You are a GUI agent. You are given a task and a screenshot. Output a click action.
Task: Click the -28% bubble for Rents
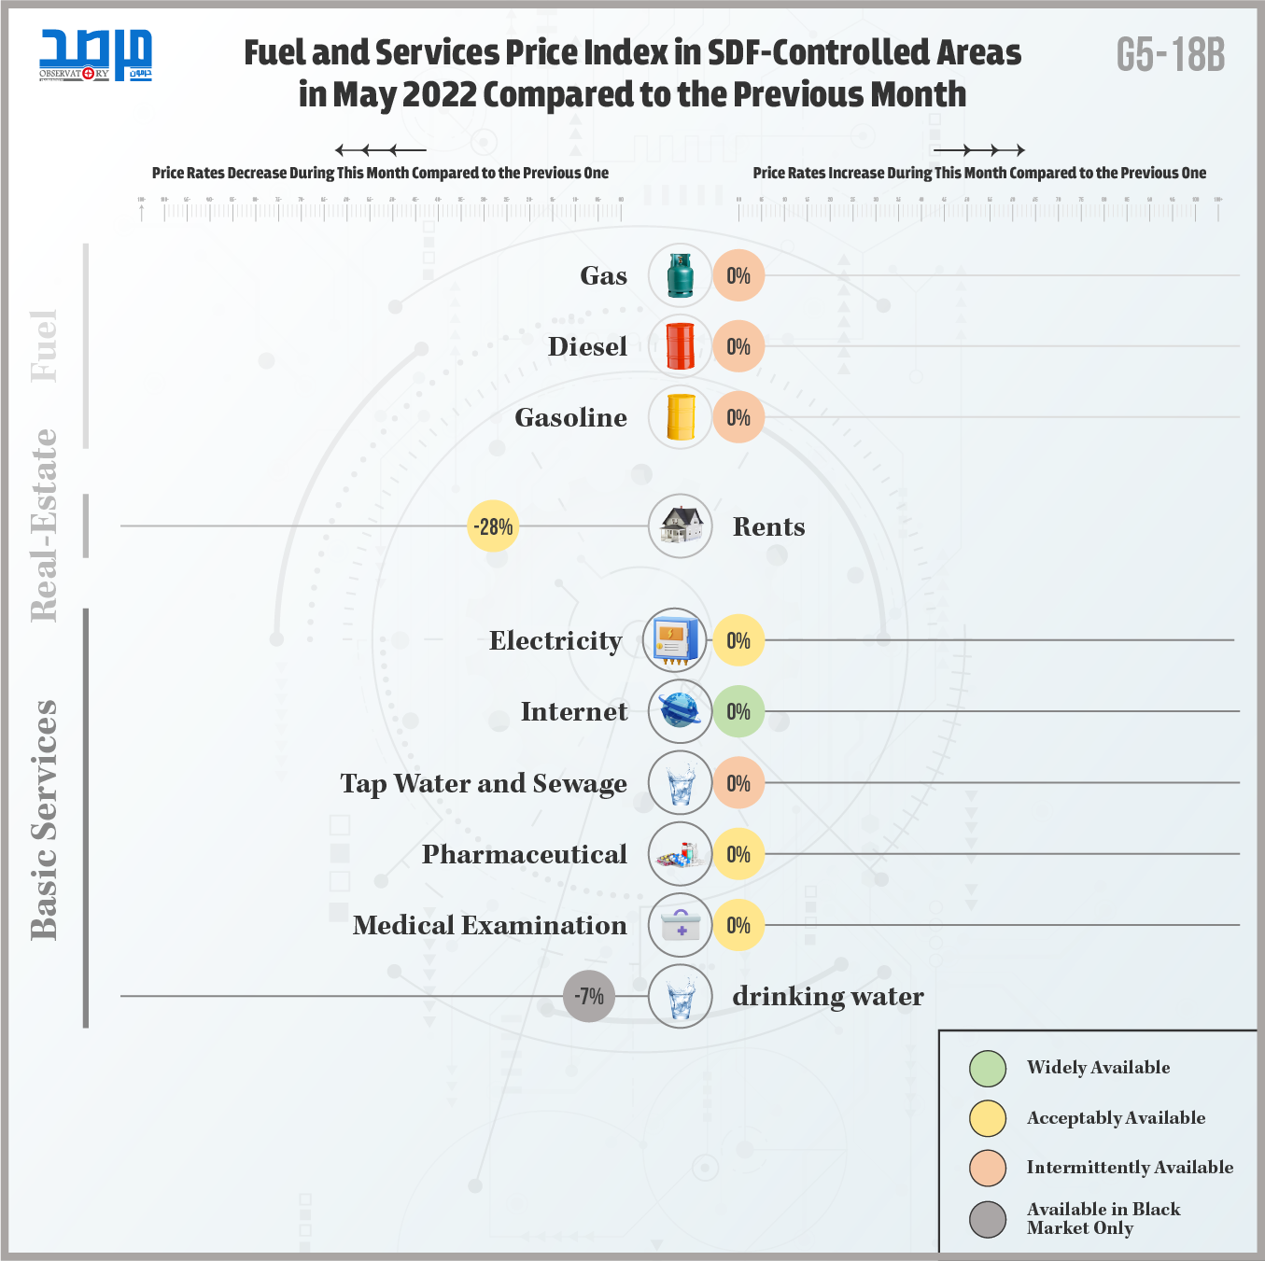click(492, 526)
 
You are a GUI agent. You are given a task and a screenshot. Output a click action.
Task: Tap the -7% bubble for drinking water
click(589, 996)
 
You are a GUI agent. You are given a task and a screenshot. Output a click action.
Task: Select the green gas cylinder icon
click(680, 275)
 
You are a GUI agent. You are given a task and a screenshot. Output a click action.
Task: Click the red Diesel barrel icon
click(680, 346)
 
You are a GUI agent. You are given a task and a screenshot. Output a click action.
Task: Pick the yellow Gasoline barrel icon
click(681, 417)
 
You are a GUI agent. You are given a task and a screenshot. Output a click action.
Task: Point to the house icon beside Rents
click(681, 525)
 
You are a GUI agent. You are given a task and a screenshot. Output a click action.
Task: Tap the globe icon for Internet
click(680, 711)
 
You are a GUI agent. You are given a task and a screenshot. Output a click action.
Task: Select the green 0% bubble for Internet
click(738, 711)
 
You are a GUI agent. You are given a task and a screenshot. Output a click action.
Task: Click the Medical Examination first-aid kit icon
click(681, 925)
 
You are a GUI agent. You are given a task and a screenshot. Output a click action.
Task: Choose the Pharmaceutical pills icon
click(680, 854)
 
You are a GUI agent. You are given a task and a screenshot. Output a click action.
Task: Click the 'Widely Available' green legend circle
click(988, 1069)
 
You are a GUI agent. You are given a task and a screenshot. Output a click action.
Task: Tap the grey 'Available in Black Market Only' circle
click(988, 1218)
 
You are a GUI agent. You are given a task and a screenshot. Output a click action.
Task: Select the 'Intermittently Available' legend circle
click(988, 1168)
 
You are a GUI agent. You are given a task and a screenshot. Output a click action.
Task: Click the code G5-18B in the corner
click(1170, 56)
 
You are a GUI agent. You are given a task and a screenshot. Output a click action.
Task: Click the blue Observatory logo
click(95, 55)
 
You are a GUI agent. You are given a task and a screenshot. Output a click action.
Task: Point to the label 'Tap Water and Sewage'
click(484, 783)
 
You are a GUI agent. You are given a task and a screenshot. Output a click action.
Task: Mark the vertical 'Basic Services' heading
click(44, 820)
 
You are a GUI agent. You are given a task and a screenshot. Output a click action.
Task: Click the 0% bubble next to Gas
click(738, 275)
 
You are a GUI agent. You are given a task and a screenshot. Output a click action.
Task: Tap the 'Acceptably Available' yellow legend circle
click(988, 1118)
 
